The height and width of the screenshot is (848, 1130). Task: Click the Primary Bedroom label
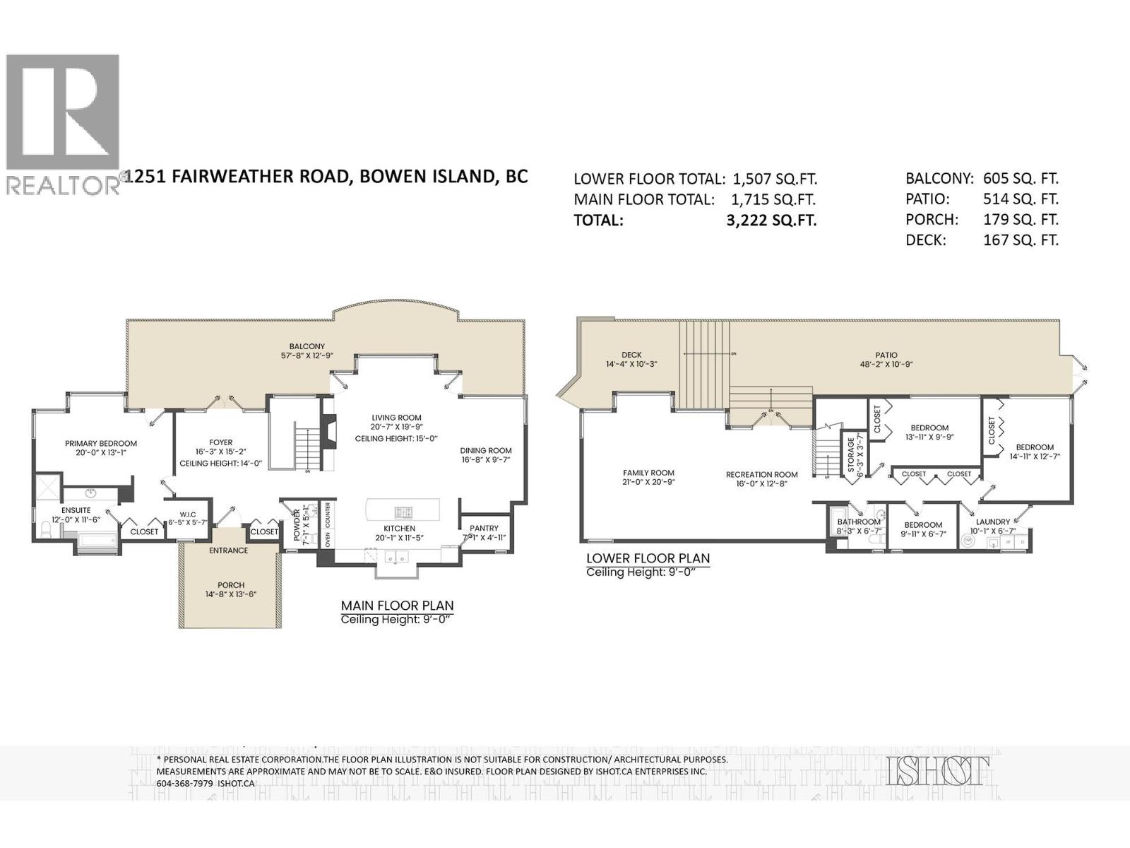click(x=101, y=444)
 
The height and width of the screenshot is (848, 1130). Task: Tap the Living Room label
click(x=395, y=418)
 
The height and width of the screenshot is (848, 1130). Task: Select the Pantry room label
click(x=484, y=528)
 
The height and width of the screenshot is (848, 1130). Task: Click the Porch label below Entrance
click(x=231, y=585)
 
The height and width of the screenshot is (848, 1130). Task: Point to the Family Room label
click(x=648, y=473)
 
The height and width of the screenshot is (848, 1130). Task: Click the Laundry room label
click(x=992, y=522)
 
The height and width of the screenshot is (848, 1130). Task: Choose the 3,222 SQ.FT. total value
click(x=771, y=220)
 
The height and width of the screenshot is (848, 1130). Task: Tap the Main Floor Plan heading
click(x=397, y=606)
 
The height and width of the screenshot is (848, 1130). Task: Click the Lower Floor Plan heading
click(x=647, y=558)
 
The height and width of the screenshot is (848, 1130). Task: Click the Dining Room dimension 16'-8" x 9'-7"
click(x=486, y=460)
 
